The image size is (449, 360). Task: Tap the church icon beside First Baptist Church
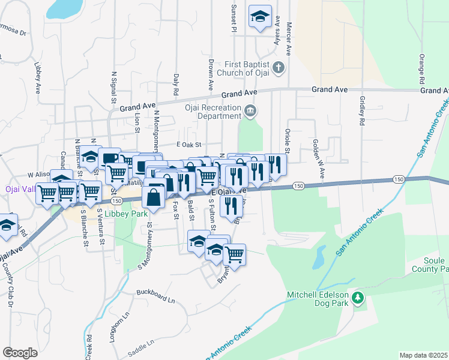tap(278, 67)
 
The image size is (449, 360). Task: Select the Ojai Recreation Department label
tap(212, 110)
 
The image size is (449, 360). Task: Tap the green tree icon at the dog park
tap(358, 298)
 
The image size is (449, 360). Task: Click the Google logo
tap(20, 352)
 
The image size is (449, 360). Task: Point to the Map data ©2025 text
tap(423, 355)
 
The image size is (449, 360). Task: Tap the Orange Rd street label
tap(422, 69)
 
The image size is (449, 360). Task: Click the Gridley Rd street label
tap(362, 110)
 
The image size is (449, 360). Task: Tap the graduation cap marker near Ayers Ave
tap(261, 17)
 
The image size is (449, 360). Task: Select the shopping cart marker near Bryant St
tap(235, 254)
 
